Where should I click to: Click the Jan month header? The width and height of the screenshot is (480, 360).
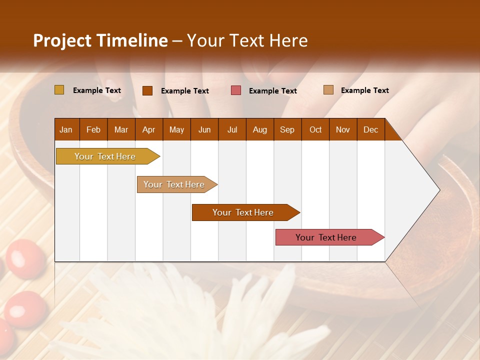click(66, 130)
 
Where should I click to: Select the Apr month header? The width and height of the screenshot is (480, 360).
click(148, 130)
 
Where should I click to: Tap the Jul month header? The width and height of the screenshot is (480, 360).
click(232, 130)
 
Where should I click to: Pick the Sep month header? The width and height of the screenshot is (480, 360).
click(287, 130)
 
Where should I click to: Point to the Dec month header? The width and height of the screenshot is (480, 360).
click(370, 130)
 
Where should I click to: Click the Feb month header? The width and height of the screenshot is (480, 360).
click(93, 130)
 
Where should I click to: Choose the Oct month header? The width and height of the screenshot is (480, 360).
click(315, 130)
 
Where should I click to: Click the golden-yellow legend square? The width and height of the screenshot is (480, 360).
click(59, 90)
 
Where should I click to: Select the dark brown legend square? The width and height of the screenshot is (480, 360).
click(147, 90)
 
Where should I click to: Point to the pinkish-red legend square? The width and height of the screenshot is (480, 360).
click(236, 90)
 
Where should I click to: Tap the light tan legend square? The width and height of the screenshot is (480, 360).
click(328, 90)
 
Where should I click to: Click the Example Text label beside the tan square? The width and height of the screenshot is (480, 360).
click(364, 90)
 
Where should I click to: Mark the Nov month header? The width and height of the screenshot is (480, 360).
click(343, 130)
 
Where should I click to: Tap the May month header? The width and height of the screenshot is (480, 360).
click(176, 130)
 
